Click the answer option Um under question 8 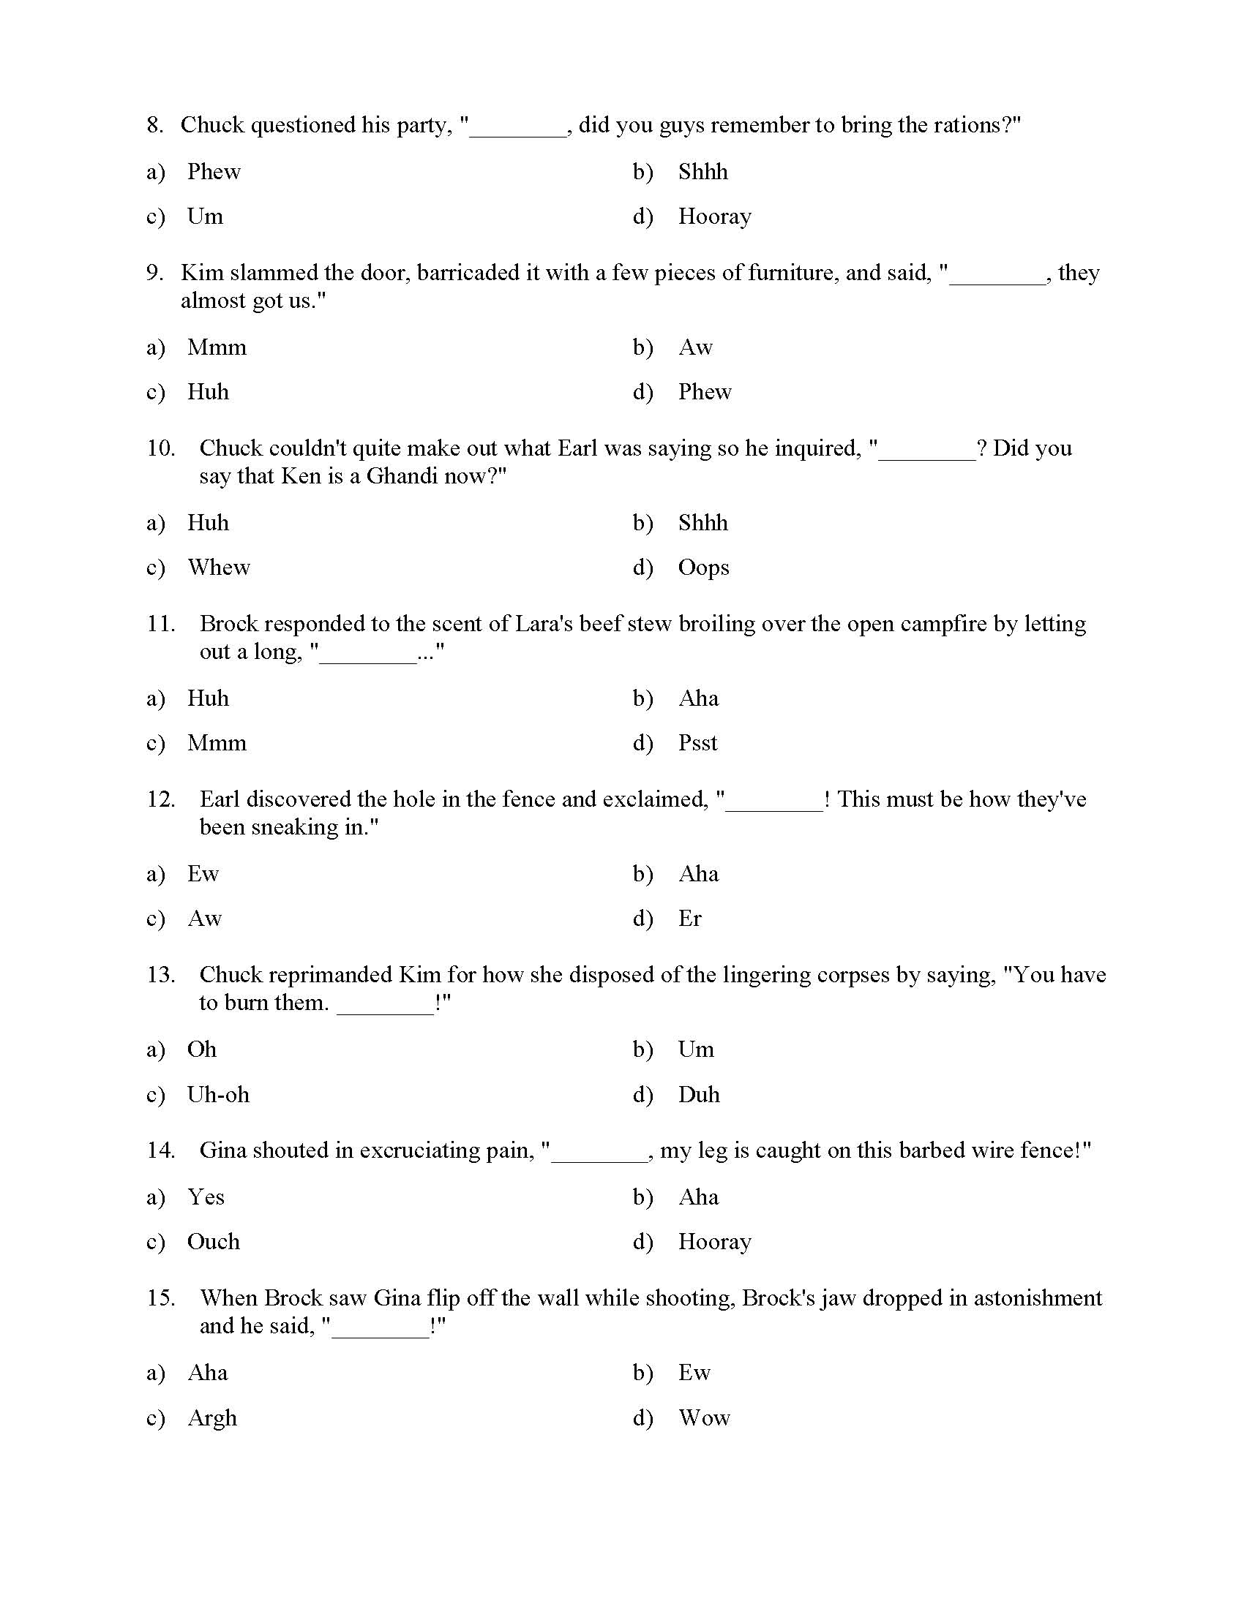pos(205,216)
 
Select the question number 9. pos(154,273)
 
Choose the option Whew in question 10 pos(219,568)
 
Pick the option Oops pos(703,568)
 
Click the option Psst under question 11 pos(697,742)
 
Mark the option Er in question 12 pos(690,919)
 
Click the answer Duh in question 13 pos(698,1095)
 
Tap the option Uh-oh pos(218,1095)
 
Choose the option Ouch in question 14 pos(213,1241)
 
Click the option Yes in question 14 pos(206,1197)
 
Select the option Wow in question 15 pos(704,1417)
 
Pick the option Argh pos(212,1418)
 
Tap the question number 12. pos(161,799)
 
